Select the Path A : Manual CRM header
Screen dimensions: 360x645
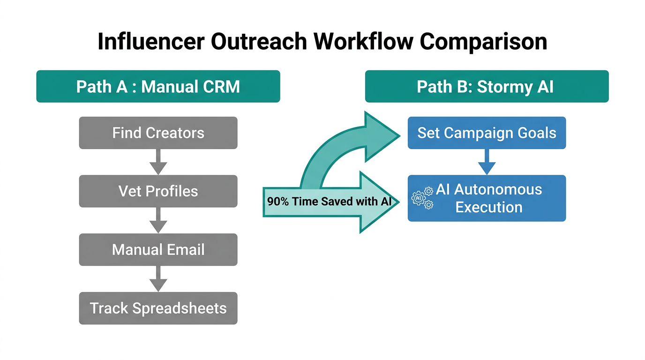click(158, 86)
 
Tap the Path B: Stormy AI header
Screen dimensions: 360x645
click(487, 86)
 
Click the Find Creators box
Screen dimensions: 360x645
click(158, 133)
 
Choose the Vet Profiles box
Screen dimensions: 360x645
click(158, 191)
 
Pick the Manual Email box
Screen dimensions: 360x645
click(158, 249)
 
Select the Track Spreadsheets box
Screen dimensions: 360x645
click(158, 308)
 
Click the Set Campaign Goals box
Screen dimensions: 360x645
click(487, 133)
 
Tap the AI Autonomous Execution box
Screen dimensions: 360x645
click(487, 198)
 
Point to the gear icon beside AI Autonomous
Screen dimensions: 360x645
click(422, 198)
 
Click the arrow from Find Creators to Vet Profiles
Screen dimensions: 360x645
click(158, 162)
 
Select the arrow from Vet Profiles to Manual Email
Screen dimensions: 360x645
click(158, 220)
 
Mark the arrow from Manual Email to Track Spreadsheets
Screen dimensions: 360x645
click(158, 279)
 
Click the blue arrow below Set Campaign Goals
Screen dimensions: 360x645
click(487, 162)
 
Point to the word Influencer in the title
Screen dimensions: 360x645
click(150, 41)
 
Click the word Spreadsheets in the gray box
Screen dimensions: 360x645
click(180, 308)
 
